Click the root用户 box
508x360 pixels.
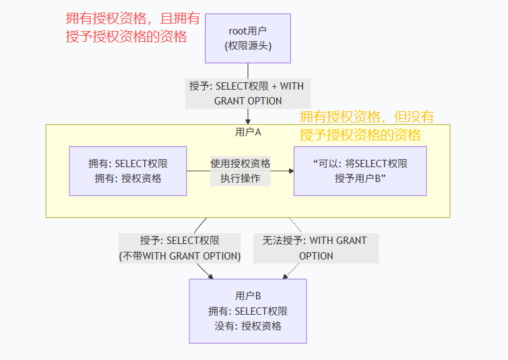(248, 38)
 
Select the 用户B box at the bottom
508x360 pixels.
(248, 311)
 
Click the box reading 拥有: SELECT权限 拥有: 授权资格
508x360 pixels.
(128, 171)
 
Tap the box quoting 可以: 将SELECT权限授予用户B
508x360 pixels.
(360, 171)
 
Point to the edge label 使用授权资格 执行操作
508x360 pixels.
(240, 171)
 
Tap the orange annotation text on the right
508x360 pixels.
(367, 125)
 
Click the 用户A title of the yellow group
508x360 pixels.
(248, 132)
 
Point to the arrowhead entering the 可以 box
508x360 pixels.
(290, 171)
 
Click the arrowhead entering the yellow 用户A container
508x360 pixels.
(248, 121)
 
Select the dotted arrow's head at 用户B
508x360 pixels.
(282, 276)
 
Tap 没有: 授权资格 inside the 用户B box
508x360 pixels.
(248, 326)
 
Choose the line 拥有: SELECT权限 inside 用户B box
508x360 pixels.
(248, 311)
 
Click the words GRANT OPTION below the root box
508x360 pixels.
(248, 100)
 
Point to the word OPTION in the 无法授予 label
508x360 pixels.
(316, 256)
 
